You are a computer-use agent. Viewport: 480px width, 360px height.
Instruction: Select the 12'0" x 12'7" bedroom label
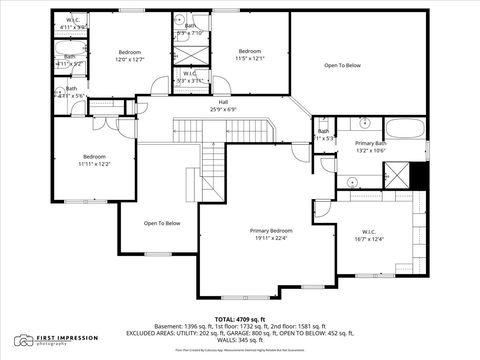tap(130, 55)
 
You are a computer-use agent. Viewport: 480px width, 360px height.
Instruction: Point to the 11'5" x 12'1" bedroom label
tap(250, 55)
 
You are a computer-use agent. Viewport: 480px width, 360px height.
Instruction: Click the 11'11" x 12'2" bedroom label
tap(95, 160)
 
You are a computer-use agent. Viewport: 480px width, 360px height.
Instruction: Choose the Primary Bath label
tap(371, 147)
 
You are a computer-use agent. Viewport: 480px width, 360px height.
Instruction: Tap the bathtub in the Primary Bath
tap(405, 128)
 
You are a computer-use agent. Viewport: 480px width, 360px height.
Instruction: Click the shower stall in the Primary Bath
tap(397, 176)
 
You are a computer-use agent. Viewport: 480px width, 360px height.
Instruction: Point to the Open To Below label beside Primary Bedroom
tap(162, 223)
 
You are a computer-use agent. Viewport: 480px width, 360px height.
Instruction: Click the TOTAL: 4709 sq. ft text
tap(239, 318)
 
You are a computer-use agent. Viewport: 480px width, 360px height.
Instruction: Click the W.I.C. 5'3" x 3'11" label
tap(190, 77)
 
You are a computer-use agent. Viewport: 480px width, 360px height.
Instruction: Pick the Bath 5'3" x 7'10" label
tap(190, 30)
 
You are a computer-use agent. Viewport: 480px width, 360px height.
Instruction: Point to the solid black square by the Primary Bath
tap(419, 175)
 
